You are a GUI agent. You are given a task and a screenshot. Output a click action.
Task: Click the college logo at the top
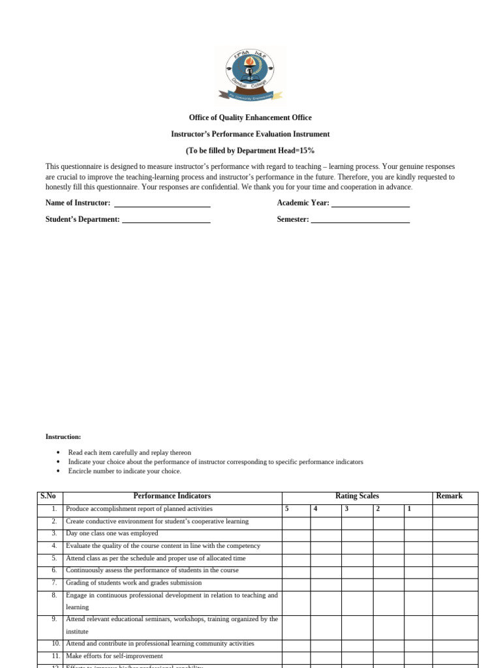[x=250, y=75]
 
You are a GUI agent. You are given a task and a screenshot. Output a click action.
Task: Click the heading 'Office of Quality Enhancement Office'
[x=250, y=117]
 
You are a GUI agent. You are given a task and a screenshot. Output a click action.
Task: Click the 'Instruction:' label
[x=63, y=436]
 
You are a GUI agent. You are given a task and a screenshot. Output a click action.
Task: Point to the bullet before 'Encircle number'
[x=58, y=471]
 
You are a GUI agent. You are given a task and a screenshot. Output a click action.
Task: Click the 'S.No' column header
[x=49, y=496]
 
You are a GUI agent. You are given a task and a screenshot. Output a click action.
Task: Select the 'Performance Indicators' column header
[x=172, y=496]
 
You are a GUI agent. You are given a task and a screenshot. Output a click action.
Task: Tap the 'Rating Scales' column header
[x=357, y=496]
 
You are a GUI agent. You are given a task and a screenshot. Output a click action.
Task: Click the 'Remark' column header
[x=449, y=496]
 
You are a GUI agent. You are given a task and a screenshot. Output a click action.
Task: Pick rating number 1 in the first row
[x=409, y=509]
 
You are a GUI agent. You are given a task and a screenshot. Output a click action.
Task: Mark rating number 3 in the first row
[x=346, y=509]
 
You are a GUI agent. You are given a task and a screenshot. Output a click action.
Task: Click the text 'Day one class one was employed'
[x=112, y=534]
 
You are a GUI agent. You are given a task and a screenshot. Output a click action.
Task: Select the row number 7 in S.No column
[x=54, y=583]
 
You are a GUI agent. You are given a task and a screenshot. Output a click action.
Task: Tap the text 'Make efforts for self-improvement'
[x=115, y=656]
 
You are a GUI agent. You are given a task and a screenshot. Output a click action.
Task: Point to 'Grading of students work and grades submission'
[x=134, y=583]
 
